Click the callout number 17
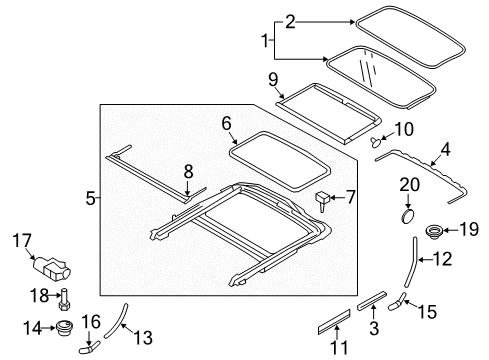[22, 241]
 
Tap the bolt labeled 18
[64, 299]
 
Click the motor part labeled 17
[52, 269]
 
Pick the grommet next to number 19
[434, 231]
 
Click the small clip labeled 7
[322, 200]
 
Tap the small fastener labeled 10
[376, 142]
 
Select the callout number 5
[90, 198]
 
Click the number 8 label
[188, 172]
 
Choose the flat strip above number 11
[334, 322]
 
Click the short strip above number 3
[372, 301]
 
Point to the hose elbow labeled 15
[397, 301]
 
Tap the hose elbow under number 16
[89, 347]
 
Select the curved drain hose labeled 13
[115, 321]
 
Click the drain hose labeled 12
[412, 262]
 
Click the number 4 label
[445, 149]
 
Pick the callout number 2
[290, 22]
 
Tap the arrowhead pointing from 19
[446, 230]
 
